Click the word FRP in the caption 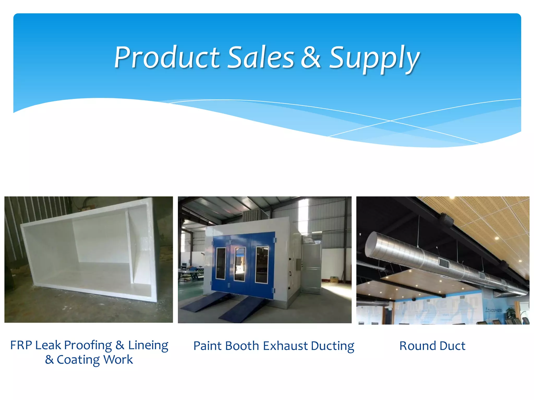click(x=21, y=345)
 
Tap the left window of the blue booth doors click(x=221, y=263)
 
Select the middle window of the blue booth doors click(x=240, y=264)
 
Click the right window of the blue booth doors click(x=262, y=265)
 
